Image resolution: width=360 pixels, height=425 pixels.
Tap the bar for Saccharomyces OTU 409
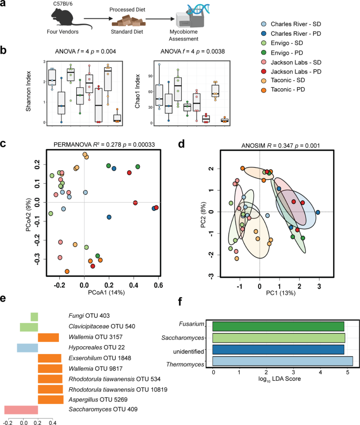pos(21,409)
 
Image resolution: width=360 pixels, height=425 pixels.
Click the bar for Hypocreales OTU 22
pos(27,348)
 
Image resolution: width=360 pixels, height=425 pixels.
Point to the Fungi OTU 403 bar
pos(34,317)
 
